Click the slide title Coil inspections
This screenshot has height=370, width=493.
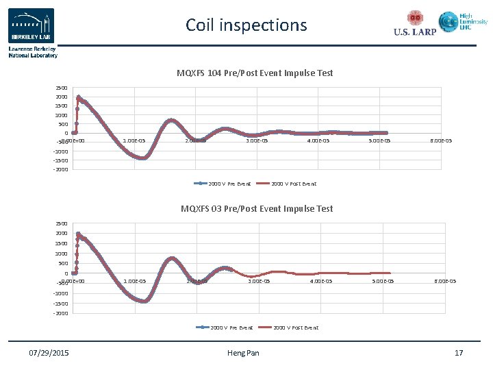tap(246, 25)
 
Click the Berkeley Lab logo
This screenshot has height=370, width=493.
tap(31, 26)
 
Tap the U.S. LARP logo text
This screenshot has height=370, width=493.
tap(415, 32)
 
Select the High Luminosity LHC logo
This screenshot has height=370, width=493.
tap(463, 22)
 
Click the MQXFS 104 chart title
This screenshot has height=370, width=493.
tap(255, 73)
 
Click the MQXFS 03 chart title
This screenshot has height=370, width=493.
tap(257, 208)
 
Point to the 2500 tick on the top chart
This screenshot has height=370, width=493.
tap(62, 88)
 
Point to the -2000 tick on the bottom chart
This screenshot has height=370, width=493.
tap(61, 313)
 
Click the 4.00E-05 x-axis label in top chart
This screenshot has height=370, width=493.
tap(318, 141)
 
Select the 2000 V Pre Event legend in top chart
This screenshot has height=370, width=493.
tap(223, 184)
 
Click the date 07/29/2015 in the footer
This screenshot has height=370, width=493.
tap(49, 353)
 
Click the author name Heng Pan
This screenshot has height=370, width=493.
tap(243, 353)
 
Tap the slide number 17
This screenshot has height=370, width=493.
tap(459, 353)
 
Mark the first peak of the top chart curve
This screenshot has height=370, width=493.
tap(79, 97)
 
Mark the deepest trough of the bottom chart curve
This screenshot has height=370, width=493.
tap(143, 301)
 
